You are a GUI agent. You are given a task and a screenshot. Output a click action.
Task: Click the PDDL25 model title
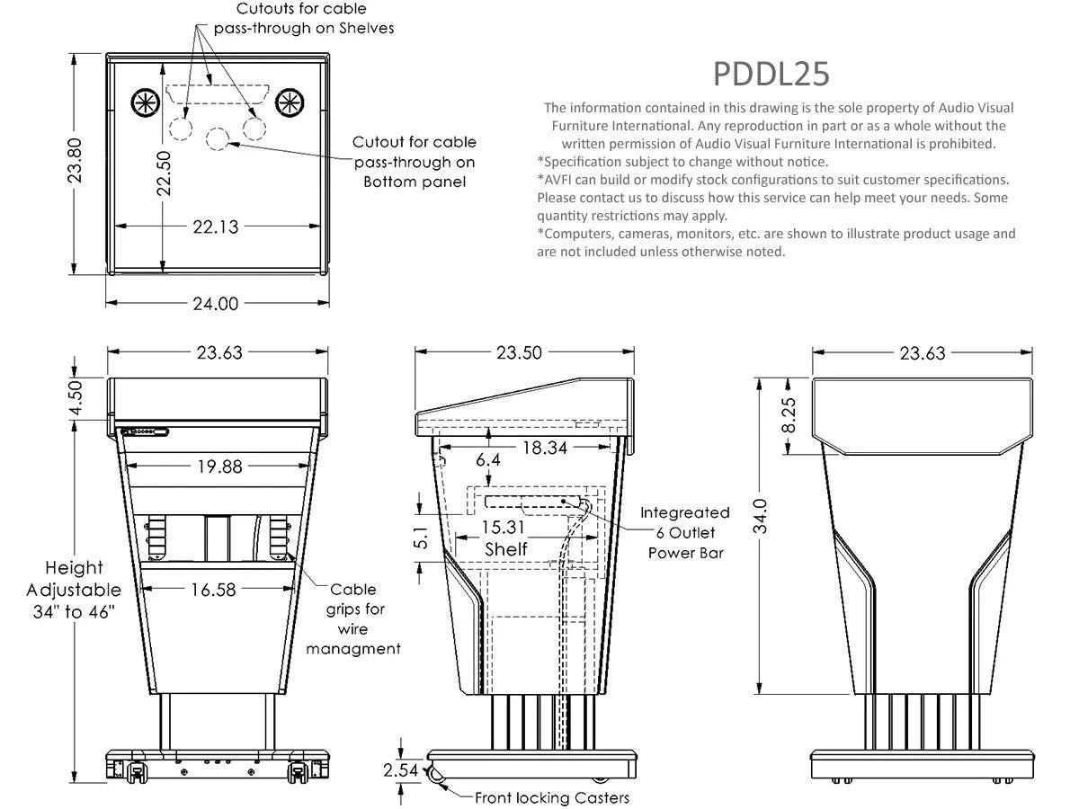771,74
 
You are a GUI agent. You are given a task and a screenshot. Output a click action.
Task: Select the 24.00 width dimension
216,304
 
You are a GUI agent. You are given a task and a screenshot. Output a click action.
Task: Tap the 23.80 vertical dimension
76,159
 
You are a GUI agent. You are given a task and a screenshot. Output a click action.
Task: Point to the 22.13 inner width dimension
216,227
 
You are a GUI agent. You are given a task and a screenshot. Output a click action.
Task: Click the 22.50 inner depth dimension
164,173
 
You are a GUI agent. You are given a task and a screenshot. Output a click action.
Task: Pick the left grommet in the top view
145,102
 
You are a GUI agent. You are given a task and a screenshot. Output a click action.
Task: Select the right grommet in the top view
289,102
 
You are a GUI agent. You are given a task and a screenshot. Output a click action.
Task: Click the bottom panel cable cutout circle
218,138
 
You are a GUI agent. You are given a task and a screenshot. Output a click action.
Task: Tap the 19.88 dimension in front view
218,466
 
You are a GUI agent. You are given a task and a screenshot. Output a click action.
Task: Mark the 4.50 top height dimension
76,398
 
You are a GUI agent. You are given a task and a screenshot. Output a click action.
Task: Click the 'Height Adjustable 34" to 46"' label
74,591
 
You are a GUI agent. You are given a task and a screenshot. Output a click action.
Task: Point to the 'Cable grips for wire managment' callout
352,619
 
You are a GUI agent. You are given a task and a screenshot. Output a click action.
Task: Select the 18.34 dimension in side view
544,448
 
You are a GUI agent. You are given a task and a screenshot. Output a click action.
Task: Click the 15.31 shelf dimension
505,528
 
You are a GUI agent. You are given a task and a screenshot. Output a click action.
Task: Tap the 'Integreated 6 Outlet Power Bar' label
685,532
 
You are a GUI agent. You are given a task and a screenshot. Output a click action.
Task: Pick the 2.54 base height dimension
399,770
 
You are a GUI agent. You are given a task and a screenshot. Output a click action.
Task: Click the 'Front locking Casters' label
551,797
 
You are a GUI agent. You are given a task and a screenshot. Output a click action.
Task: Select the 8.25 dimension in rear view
789,414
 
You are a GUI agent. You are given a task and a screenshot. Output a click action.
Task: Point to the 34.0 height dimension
762,516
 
